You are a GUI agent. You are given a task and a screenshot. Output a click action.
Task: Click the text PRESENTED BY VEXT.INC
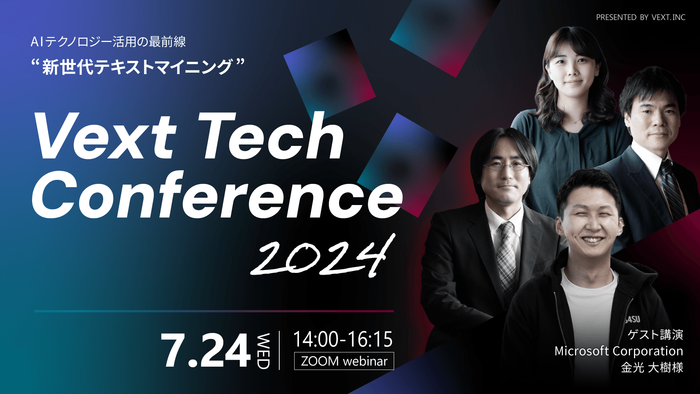tap(641, 17)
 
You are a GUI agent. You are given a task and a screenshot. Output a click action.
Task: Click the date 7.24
tap(206, 350)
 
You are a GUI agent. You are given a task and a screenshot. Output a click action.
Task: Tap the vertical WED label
tap(263, 351)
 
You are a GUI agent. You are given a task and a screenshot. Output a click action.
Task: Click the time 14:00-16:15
tap(343, 339)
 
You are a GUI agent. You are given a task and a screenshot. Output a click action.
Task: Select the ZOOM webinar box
tap(344, 361)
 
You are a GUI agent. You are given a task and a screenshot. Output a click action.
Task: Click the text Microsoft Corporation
tap(619, 351)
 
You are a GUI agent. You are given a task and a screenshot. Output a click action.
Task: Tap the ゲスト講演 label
tap(655, 335)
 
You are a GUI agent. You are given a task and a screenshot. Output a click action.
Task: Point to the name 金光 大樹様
tap(652, 367)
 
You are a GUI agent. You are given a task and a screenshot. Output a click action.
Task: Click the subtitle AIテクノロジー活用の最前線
tap(108, 42)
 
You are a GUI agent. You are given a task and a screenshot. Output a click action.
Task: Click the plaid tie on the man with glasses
tap(507, 255)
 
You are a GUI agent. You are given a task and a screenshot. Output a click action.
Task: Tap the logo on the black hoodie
tap(633, 320)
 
